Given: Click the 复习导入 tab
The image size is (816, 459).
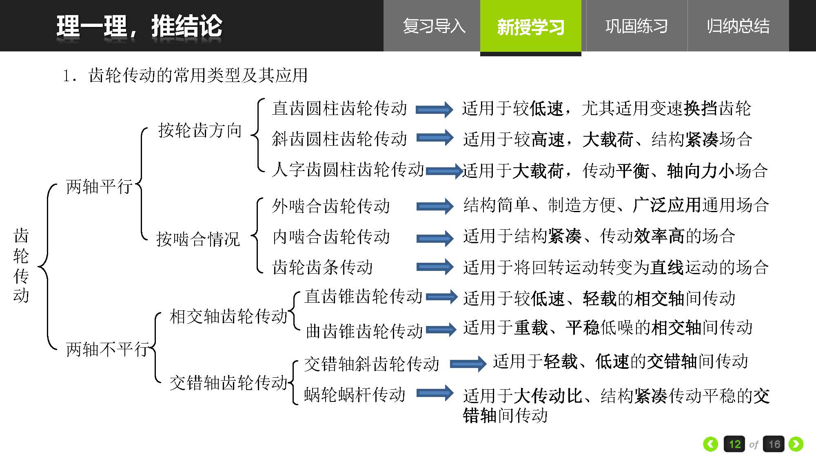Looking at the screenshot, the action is tap(434, 26).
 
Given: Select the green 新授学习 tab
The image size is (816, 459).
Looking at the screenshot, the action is tap(530, 27).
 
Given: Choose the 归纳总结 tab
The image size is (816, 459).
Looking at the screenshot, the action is tap(738, 26).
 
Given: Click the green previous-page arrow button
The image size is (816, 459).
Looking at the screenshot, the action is tap(710, 444).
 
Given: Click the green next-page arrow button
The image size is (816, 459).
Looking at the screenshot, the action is tap(796, 444).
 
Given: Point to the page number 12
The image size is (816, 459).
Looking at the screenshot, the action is tap(734, 444).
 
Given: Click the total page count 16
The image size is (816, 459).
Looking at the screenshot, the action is tap(774, 444).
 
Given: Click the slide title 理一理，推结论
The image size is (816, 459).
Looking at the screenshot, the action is tap(139, 27).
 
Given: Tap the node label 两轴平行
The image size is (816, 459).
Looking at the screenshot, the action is tap(100, 186).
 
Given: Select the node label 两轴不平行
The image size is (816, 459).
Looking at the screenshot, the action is tap(108, 349).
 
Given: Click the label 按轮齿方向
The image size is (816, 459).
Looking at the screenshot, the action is tap(200, 130).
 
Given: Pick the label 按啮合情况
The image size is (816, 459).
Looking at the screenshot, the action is tap(198, 239).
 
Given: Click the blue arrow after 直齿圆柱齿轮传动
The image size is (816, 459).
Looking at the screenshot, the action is tap(434, 109).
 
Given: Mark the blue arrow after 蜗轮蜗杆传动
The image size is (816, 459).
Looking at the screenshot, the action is tap(435, 393).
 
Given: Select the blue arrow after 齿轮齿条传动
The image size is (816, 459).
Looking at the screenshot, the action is tap(435, 267).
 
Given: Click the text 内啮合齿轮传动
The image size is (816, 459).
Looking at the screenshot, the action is tap(331, 237).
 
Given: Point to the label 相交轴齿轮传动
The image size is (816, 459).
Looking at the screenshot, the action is tap(229, 316).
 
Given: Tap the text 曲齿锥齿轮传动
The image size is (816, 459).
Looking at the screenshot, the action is tap(364, 331).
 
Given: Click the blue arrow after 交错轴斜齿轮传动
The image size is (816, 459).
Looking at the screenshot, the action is tap(468, 364).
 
